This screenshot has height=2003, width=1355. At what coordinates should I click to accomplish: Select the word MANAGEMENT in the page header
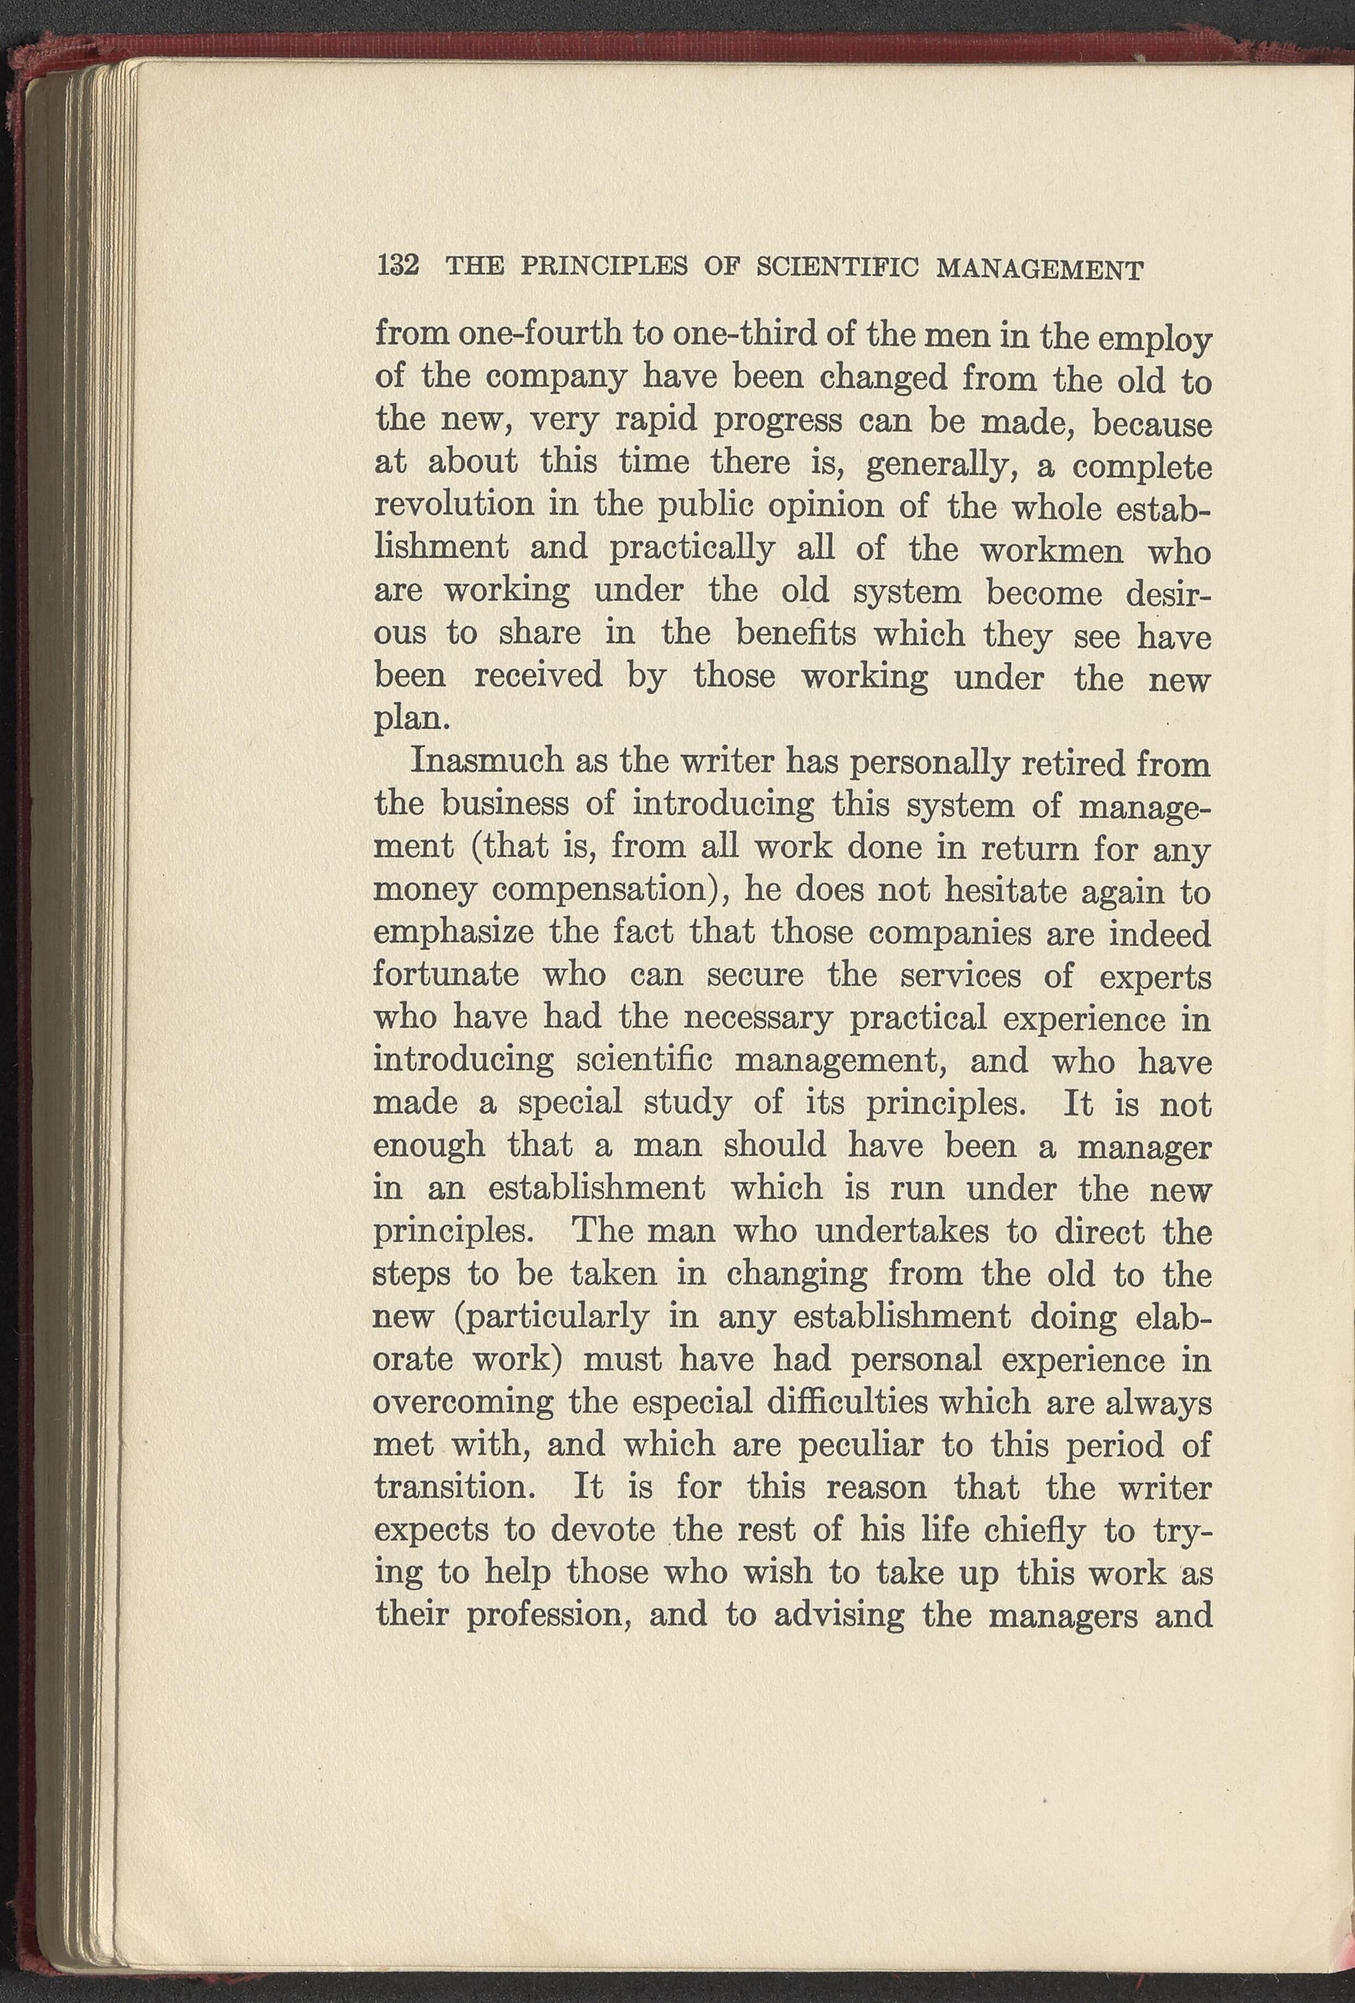1040,268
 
